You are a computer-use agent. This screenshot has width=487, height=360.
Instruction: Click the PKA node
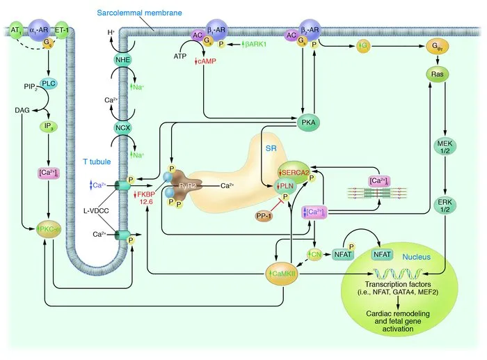click(307, 123)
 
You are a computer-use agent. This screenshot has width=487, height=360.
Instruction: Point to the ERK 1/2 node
click(445, 205)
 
